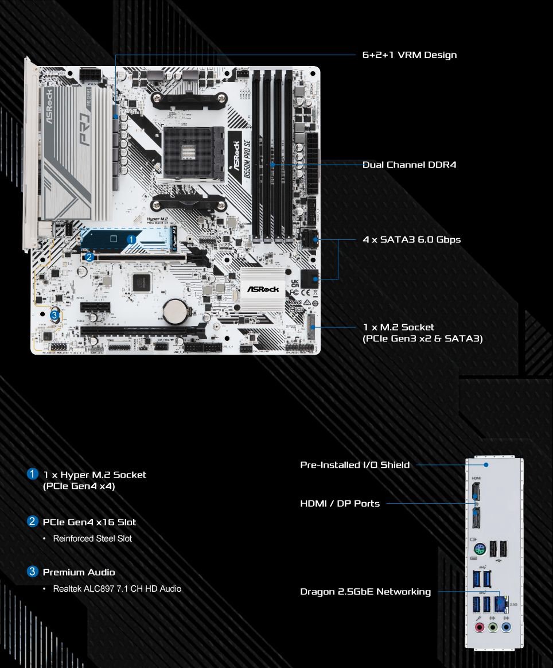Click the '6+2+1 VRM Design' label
coord(410,55)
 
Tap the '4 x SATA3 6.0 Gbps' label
coord(411,239)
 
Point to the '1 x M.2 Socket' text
coord(399,327)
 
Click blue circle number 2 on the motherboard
coord(89,257)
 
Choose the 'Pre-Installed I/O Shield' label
coord(355,465)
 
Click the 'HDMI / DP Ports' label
coord(340,503)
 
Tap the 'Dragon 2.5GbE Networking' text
coord(365,591)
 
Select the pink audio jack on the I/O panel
coord(478,627)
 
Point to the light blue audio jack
coord(505,627)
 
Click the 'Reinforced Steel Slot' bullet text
coord(92,538)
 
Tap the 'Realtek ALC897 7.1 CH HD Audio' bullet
coord(117,588)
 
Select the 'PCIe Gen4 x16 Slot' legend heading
coord(89,522)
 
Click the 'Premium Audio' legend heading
coord(79,572)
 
